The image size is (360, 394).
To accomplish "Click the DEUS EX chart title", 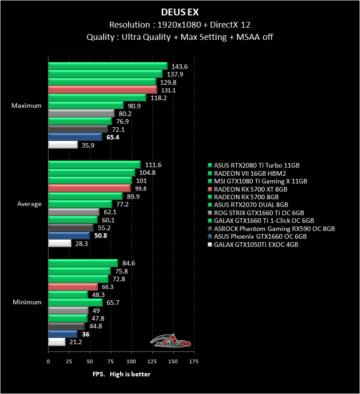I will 180,12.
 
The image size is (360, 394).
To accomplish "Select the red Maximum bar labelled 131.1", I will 102,90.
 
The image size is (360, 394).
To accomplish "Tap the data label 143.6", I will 180,67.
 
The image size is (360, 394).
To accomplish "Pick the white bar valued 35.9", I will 63,145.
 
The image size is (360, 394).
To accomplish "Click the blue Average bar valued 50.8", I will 69,235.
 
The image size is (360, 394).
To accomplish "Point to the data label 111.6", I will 153,165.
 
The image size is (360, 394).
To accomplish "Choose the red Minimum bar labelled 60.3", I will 73,286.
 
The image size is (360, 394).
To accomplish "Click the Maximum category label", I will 26,106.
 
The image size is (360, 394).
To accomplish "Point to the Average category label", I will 29,204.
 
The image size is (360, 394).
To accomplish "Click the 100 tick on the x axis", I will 131,361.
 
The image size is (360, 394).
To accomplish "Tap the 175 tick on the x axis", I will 194,361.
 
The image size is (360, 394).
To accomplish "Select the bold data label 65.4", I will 113,137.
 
